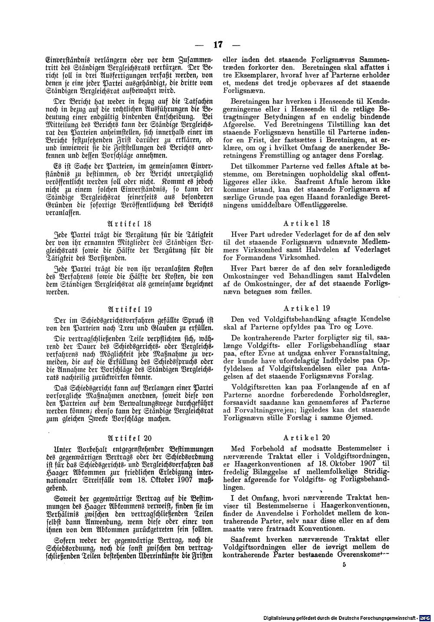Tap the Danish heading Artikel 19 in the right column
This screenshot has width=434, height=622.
tap(307, 308)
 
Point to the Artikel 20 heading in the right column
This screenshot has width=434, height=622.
tap(307, 437)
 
